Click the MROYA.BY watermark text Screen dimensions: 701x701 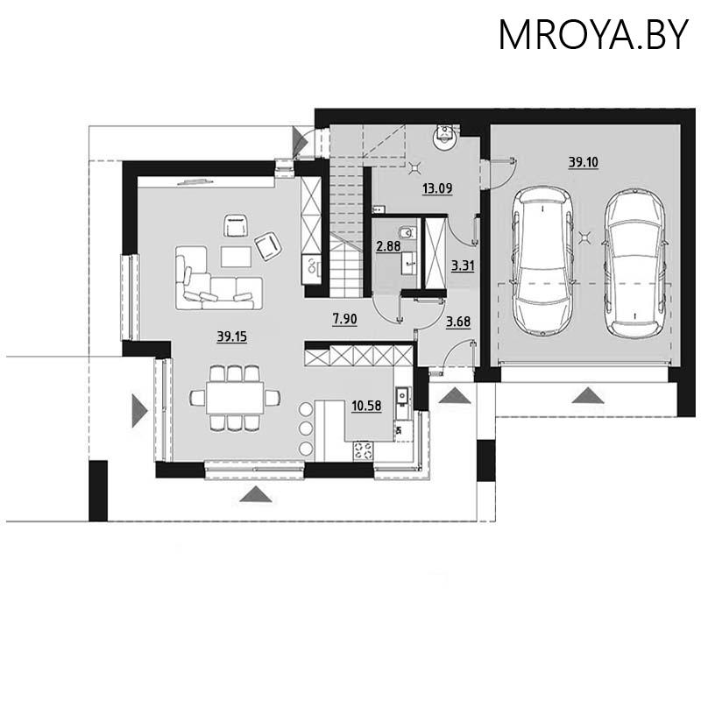[x=592, y=35]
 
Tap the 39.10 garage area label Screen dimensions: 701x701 [x=583, y=162]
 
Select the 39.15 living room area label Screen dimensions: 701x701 [x=230, y=335]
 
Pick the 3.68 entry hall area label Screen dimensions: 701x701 [x=457, y=322]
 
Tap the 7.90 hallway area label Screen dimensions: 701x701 [x=343, y=322]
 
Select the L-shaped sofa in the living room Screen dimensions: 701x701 [x=215, y=282]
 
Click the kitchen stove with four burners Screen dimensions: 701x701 [x=363, y=450]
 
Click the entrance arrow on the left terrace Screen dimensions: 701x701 [x=138, y=410]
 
